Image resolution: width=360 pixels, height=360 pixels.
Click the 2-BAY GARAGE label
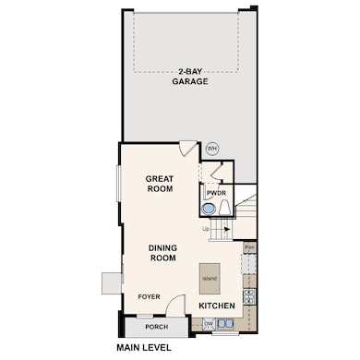(188, 76)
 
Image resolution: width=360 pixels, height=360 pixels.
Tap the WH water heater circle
(211, 148)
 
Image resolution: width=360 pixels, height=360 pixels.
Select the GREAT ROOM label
(160, 183)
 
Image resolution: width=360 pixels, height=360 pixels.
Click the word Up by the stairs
(207, 228)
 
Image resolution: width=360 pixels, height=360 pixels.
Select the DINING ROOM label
(162, 253)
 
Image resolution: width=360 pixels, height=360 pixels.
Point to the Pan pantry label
(249, 248)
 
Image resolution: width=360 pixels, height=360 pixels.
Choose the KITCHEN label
(216, 305)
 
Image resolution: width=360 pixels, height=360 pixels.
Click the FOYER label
(150, 297)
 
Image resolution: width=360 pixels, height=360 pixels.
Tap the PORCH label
(156, 327)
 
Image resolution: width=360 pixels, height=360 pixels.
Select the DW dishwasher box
(209, 324)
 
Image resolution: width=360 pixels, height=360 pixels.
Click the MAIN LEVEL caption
(146, 348)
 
